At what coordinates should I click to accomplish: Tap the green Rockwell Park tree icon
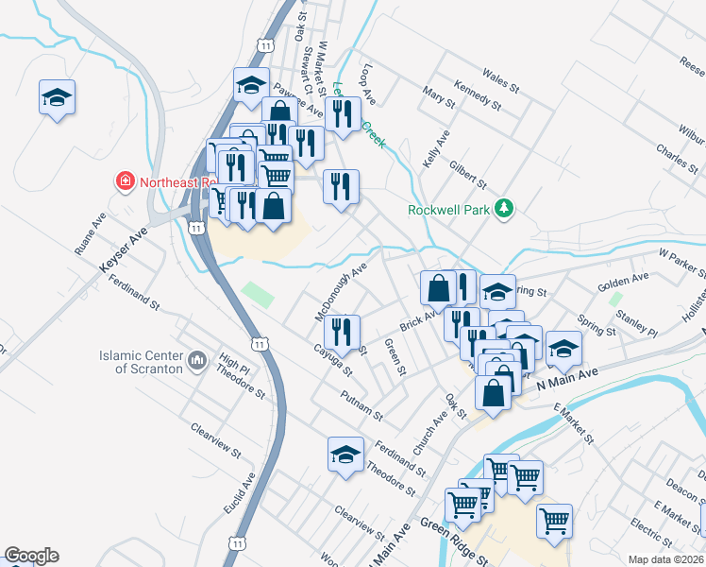[504, 209]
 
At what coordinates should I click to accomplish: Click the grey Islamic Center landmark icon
[197, 360]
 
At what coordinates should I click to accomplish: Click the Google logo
[31, 556]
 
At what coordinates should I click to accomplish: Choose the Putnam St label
[361, 406]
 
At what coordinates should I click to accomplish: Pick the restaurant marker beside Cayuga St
[342, 331]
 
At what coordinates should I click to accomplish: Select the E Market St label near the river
[574, 425]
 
